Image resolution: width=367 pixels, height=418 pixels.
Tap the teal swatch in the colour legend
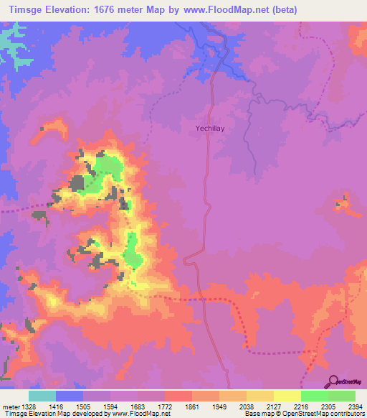click(42, 396)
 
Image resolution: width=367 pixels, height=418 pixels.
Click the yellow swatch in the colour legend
click(287, 396)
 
